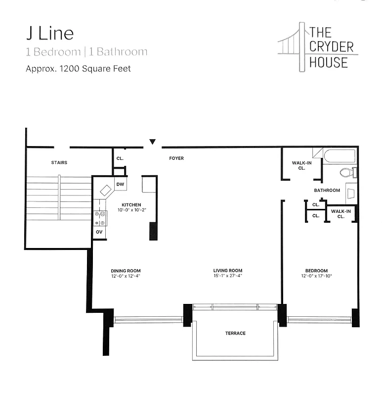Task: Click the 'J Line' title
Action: (x=49, y=33)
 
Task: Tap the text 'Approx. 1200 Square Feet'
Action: (x=78, y=69)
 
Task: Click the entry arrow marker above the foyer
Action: (x=153, y=142)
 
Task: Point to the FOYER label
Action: (x=176, y=158)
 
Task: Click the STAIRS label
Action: (x=59, y=162)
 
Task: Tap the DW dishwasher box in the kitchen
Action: (x=120, y=184)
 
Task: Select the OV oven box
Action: (x=99, y=232)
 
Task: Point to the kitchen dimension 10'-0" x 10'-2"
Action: (x=131, y=210)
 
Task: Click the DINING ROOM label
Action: (x=126, y=271)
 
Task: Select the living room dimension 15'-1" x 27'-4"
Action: (x=228, y=276)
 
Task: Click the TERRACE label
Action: (x=235, y=333)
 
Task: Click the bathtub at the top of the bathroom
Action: (x=340, y=156)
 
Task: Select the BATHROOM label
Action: (x=327, y=190)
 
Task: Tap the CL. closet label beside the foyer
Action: (x=120, y=158)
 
